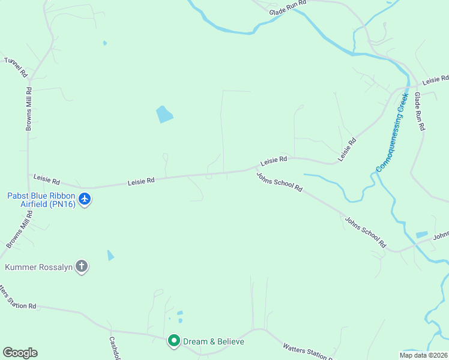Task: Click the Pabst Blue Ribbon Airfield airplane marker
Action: [85, 199]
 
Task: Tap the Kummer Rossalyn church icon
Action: [82, 267]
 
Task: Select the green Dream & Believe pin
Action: [174, 341]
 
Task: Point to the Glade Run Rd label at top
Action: [288, 4]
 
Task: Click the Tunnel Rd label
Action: [16, 67]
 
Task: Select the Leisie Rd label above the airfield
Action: [47, 179]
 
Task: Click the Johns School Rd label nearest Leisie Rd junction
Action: [279, 182]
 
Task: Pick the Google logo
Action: [20, 353]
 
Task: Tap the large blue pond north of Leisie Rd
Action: [164, 113]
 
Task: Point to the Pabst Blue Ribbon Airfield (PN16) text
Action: [41, 200]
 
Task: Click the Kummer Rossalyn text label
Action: [38, 268]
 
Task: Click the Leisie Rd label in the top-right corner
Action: [435, 80]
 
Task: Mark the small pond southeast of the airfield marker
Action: [110, 255]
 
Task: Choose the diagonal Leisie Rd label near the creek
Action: [347, 149]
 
